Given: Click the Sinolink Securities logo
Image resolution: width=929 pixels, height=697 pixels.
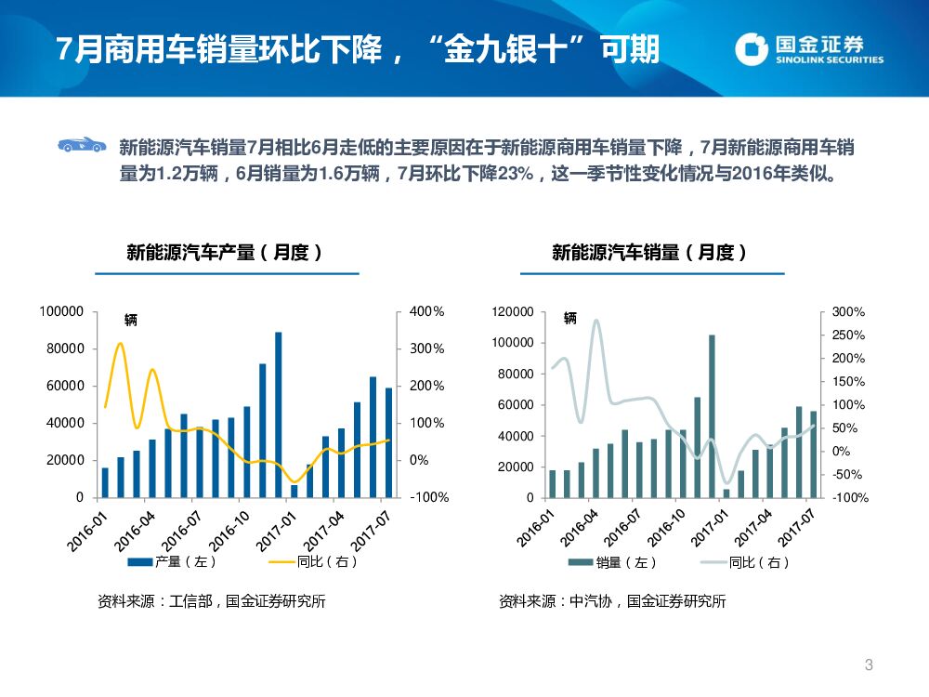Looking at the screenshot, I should (x=808, y=48).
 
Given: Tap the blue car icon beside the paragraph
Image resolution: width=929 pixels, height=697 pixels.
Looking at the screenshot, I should (x=81, y=144).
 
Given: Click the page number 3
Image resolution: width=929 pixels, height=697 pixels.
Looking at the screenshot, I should (x=869, y=664).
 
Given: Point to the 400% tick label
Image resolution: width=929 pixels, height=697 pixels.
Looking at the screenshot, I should (x=426, y=311).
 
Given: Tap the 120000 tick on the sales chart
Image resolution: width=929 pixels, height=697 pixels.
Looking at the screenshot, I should (x=514, y=312).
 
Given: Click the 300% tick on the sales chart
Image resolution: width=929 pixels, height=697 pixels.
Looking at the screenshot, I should (x=848, y=312).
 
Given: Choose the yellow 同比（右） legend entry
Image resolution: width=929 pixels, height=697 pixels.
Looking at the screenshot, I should (x=313, y=561).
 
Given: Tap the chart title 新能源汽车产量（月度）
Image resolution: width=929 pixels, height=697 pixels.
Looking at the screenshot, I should (x=225, y=252).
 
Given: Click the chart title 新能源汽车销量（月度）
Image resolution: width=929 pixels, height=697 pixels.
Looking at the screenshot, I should (x=650, y=252).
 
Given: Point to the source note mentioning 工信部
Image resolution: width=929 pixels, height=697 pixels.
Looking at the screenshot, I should (x=212, y=601).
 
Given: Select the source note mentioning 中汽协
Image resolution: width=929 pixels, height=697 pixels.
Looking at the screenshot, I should (x=612, y=601).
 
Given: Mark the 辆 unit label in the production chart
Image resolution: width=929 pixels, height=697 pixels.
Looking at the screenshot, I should (x=131, y=320).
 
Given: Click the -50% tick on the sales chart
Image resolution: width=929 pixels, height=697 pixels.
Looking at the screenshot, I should (x=848, y=475).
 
